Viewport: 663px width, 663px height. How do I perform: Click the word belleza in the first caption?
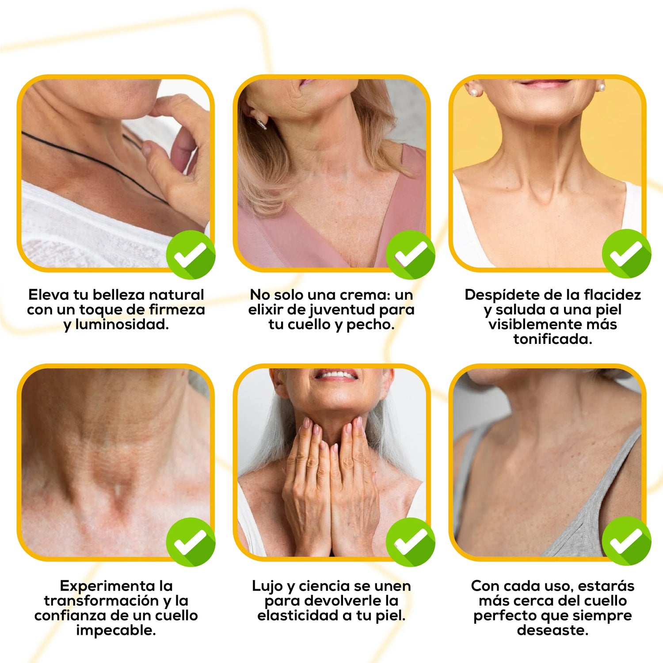[x=119, y=295]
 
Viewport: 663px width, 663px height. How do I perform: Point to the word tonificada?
[x=552, y=339]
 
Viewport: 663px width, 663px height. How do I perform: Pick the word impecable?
[x=116, y=630]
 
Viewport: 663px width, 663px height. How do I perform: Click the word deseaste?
[x=552, y=630]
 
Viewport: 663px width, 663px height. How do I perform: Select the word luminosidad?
[x=122, y=324]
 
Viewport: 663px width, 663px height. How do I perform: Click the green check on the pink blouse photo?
[x=410, y=255]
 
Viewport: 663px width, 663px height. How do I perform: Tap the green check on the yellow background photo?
[x=626, y=254]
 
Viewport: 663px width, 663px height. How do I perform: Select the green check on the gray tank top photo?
[x=626, y=541]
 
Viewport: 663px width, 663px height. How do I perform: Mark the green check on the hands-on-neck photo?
[x=410, y=542]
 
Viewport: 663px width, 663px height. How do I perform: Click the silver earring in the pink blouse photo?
[x=261, y=124]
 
